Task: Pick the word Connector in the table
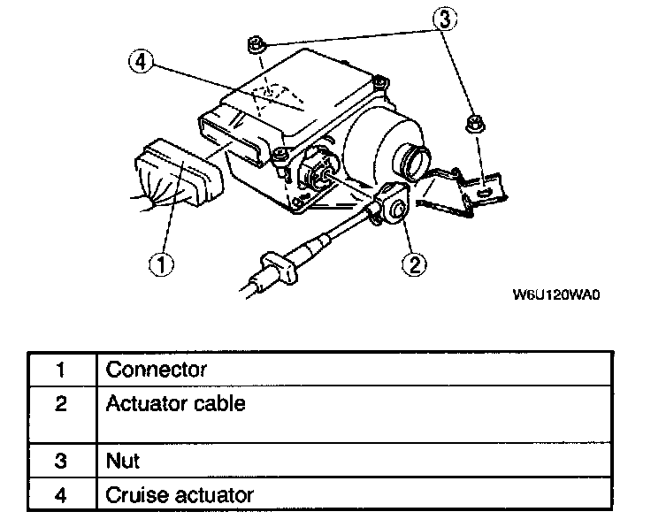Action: (x=156, y=370)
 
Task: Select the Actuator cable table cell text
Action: (x=175, y=404)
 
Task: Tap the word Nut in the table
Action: (x=122, y=461)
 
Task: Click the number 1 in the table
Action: (x=61, y=370)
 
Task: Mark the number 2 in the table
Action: (x=61, y=405)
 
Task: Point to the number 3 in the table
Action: (x=61, y=462)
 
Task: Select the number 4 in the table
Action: (x=61, y=495)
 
